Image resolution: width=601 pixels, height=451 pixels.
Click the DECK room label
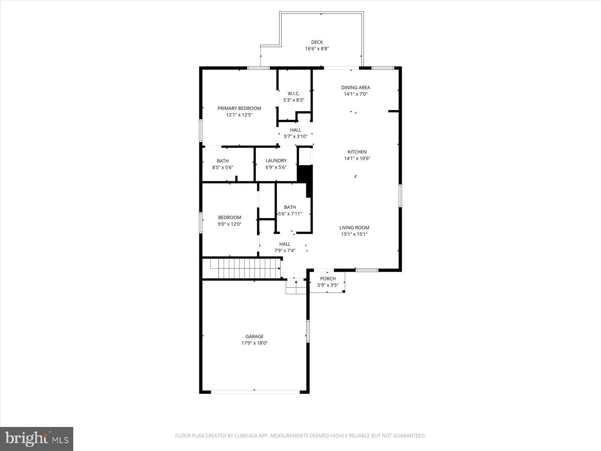pos(317,42)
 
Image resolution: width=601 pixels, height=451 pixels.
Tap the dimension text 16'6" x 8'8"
pos(317,49)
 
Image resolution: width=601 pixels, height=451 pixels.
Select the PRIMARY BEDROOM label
pos(239,108)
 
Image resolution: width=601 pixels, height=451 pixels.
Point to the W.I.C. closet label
pos(293,94)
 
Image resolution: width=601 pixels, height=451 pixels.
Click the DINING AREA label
pos(355,88)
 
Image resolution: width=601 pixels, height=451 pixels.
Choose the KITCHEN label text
pos(357,152)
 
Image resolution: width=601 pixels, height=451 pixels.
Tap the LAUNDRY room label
pos(276,161)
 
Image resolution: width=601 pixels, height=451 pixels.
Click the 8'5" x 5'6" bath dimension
pos(223,168)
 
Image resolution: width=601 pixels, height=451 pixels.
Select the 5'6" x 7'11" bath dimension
pos(290,214)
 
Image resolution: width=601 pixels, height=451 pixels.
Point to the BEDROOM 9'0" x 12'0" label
pos(230,218)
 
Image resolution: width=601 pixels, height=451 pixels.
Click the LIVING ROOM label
pos(354,227)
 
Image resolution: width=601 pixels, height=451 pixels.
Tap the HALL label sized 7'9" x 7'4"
pos(285,244)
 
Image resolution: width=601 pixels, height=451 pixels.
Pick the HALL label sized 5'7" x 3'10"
pos(295,130)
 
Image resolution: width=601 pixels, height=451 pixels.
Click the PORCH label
pos(328,278)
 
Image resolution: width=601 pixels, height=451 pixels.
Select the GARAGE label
pos(254,336)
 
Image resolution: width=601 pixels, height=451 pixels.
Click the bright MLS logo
pos(36,439)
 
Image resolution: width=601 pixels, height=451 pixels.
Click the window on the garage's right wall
pos(307,331)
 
